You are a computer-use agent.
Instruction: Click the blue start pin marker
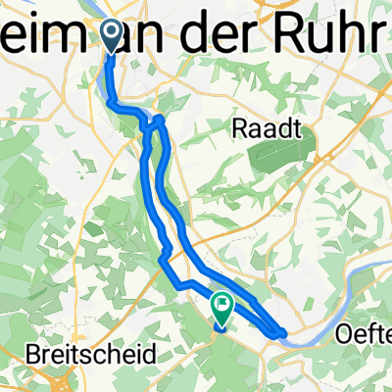(111, 37)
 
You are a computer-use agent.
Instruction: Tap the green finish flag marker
(222, 311)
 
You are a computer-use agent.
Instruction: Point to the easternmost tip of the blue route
(285, 334)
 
